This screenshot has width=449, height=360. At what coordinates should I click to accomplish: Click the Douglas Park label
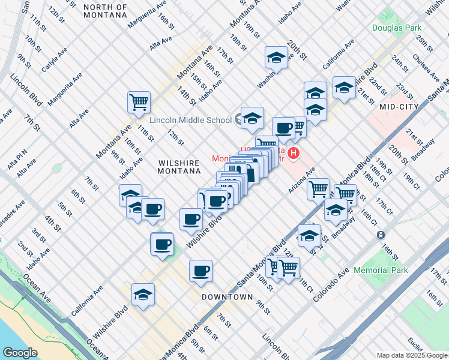pos(397,27)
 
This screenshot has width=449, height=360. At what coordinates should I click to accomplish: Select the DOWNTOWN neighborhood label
pos(227,297)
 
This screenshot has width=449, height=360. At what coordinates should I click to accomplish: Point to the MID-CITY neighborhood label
pos(399,106)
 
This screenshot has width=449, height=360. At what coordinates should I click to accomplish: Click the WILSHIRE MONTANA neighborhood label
pos(179,167)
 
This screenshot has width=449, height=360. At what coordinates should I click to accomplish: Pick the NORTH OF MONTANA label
pos(106,12)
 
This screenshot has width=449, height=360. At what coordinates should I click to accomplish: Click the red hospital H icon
pos(294,154)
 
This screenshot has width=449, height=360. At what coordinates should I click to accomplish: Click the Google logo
pos(20,352)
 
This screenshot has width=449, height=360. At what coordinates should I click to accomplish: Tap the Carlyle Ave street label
pos(53,62)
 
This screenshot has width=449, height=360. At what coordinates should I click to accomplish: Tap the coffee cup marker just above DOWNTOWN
pos(200,271)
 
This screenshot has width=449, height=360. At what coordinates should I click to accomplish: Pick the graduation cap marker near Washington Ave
pos(276,58)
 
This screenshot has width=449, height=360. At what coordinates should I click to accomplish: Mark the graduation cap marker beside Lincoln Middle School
pos(252,117)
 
